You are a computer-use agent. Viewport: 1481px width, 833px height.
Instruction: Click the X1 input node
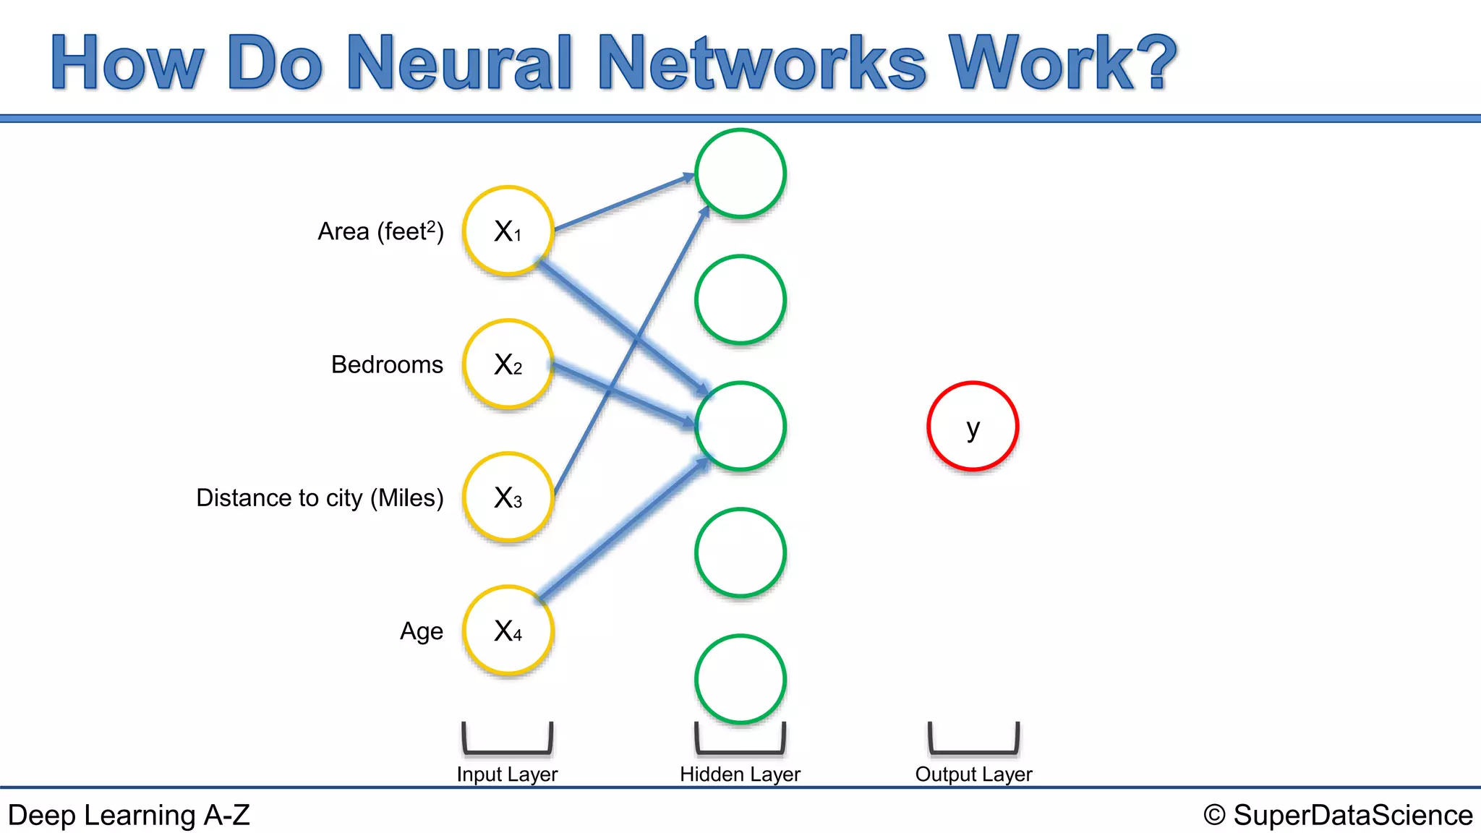pos(508,231)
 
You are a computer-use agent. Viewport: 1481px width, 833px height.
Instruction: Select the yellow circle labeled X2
pos(508,364)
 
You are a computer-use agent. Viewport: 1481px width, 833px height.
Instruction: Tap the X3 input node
pos(508,497)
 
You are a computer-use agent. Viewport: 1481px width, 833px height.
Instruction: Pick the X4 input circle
pos(508,631)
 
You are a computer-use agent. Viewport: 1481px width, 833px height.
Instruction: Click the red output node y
pos(973,427)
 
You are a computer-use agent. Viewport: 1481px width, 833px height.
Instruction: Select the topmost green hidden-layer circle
pos(740,174)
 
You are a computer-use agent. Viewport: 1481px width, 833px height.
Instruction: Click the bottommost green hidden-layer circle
pos(740,679)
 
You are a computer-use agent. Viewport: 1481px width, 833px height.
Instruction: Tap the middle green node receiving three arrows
pos(740,427)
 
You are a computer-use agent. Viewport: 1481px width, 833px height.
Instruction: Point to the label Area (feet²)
pos(380,231)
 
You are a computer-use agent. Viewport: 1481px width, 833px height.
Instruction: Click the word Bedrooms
pos(387,364)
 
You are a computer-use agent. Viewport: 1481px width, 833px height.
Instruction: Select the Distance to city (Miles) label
pos(320,497)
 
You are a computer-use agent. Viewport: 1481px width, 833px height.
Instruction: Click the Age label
pos(422,631)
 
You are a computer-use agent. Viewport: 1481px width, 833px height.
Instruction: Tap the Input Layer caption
pos(507,774)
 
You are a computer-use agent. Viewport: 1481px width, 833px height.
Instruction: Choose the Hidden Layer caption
pos(740,774)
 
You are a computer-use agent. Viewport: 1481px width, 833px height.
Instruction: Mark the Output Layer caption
pos(973,774)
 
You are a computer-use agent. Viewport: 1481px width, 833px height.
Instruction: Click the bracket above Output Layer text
pos(973,749)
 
